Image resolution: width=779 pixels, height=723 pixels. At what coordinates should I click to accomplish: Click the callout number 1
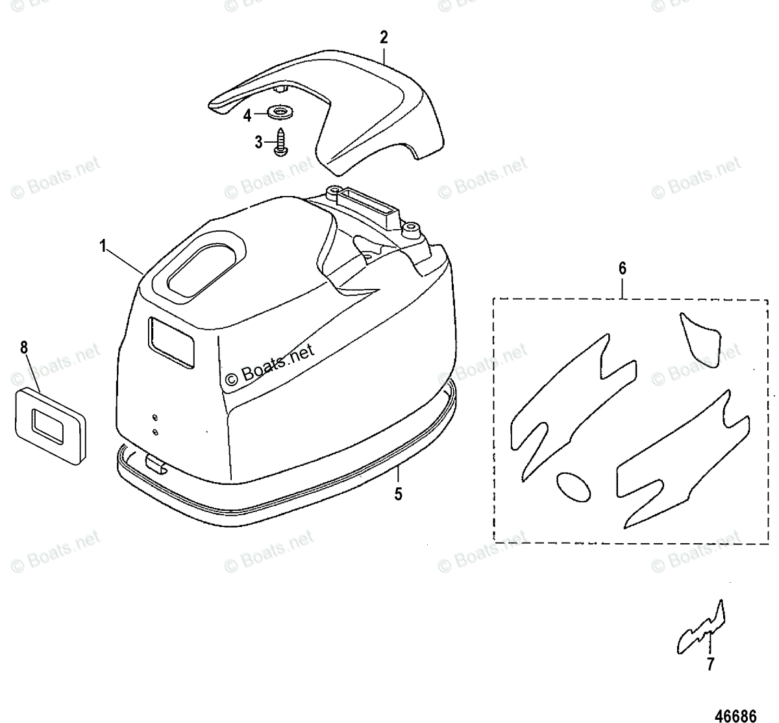pyautogui.click(x=103, y=246)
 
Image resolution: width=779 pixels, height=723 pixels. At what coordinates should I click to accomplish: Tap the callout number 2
pyautogui.click(x=384, y=38)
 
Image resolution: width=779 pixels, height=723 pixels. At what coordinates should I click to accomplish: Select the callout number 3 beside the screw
pyautogui.click(x=258, y=141)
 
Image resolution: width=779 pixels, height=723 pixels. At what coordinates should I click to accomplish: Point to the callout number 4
pyautogui.click(x=247, y=116)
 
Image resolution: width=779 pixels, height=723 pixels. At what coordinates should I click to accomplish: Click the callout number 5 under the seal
pyautogui.click(x=399, y=494)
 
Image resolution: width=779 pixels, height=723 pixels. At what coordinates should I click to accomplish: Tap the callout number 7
pyautogui.click(x=710, y=664)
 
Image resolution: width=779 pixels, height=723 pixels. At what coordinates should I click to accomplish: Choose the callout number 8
pyautogui.click(x=24, y=347)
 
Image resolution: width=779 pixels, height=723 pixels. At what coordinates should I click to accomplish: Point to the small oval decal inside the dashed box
pyautogui.click(x=574, y=486)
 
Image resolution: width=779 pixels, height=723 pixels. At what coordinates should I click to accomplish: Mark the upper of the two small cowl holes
pyautogui.click(x=155, y=417)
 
